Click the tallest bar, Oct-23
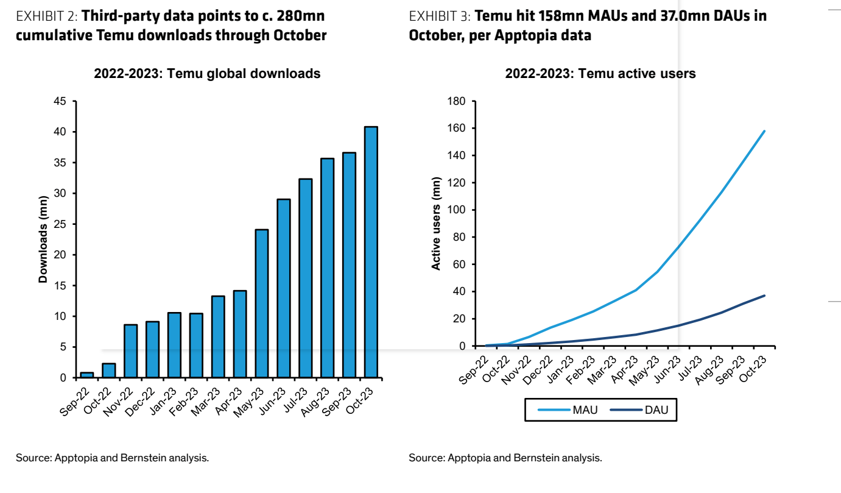[x=371, y=252]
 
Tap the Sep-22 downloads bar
[x=87, y=375]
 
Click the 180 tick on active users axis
[x=456, y=101]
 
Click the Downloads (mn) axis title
[x=43, y=239]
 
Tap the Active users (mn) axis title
[x=436, y=227]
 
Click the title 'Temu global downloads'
[x=207, y=74]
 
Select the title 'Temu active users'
[x=600, y=74]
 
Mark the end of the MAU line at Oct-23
[x=764, y=131]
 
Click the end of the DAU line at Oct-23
[x=764, y=296]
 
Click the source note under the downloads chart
[x=112, y=458]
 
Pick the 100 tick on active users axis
[x=456, y=210]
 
